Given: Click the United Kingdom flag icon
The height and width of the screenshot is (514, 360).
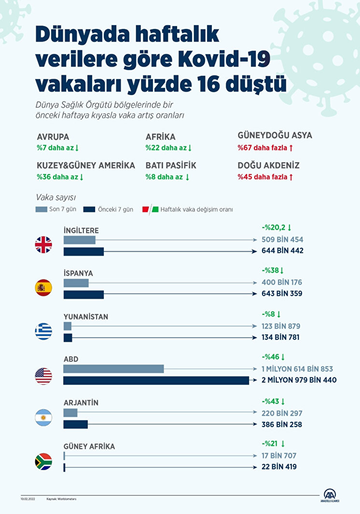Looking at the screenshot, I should coord(43,245).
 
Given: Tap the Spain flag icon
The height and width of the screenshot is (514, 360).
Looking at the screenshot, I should coord(43,288).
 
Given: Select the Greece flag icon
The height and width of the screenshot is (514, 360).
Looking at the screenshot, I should coord(43,332).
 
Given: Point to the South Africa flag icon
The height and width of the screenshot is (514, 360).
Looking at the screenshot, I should coord(43,462).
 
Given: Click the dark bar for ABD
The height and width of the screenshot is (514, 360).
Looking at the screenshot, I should coord(156,380).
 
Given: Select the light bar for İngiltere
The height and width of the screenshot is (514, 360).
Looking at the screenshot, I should coord(80,239).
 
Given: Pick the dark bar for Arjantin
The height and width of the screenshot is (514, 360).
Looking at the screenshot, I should coord(76,424).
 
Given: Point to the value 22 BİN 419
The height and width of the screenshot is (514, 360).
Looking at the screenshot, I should coord(279,467).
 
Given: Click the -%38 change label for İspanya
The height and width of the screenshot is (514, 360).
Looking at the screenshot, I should coord(273,271).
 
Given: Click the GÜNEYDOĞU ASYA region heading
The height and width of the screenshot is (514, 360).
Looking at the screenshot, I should coord(275,136).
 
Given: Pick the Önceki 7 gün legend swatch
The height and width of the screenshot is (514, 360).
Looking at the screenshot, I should coord(89,209).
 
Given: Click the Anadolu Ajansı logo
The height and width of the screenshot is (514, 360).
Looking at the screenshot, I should coord(331,496).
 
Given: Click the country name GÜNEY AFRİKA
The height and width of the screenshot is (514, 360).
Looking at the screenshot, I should coord(89,446).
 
